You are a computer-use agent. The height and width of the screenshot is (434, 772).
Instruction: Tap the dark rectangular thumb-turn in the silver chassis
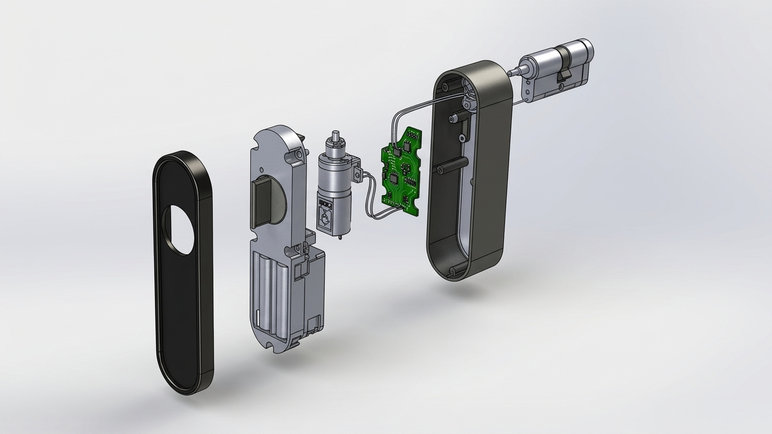[261, 204]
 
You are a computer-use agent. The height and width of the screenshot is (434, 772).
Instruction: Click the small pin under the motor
[340, 238]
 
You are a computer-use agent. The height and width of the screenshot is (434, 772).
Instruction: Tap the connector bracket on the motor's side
[356, 170]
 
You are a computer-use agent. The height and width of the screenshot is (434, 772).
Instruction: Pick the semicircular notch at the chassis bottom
[270, 341]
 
